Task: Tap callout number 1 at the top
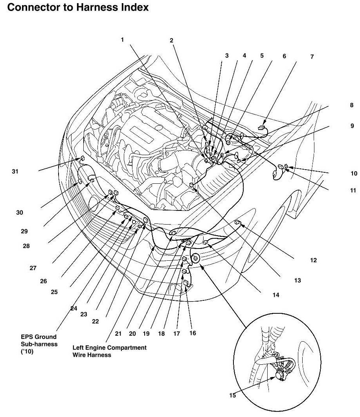(123, 40)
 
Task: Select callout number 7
(312, 57)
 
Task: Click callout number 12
(313, 260)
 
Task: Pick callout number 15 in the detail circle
(233, 395)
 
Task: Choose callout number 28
(26, 246)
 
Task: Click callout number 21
(118, 333)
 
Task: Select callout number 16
(192, 333)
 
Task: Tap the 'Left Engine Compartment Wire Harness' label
(109, 351)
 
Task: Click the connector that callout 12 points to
(237, 223)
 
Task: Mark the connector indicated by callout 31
(83, 159)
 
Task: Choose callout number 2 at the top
(171, 40)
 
